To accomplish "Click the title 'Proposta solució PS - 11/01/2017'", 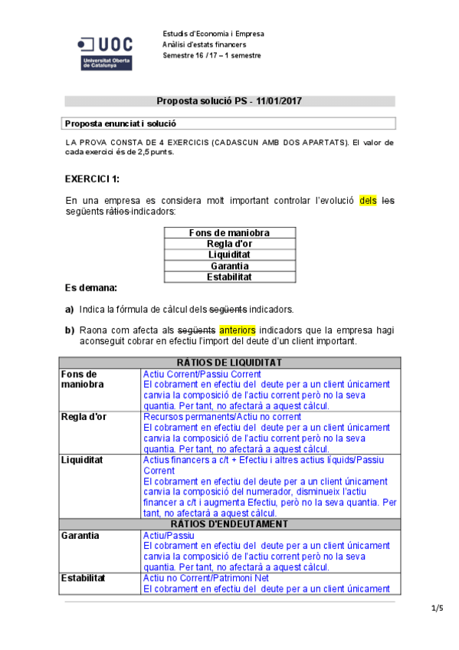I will tap(229, 100).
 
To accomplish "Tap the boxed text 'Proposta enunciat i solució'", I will tap(121, 123).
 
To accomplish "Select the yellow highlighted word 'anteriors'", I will tap(238, 330).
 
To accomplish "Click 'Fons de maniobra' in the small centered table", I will tap(229, 233).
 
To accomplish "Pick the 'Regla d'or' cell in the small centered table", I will tap(229, 244).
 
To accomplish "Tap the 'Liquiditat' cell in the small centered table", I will tap(229, 254).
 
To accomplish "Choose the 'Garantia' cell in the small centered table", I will tap(229, 266).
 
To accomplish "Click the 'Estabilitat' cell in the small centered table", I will tap(229, 277).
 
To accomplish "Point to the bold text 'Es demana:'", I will tap(91, 288).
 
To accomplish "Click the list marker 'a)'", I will tap(69, 310).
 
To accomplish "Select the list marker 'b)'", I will tap(69, 330).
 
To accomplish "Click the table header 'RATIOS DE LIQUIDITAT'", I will tap(229, 362).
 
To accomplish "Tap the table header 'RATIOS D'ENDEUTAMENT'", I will tap(229, 524).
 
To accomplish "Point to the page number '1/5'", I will tap(437, 609).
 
